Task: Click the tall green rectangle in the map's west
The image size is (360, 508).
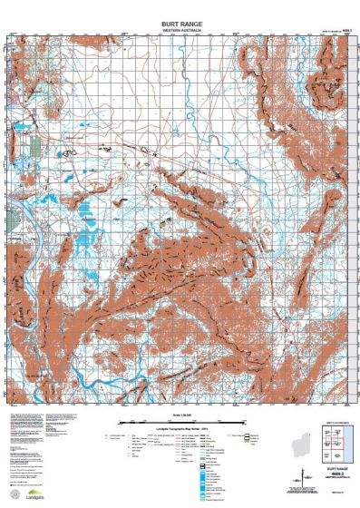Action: click(36, 145)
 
